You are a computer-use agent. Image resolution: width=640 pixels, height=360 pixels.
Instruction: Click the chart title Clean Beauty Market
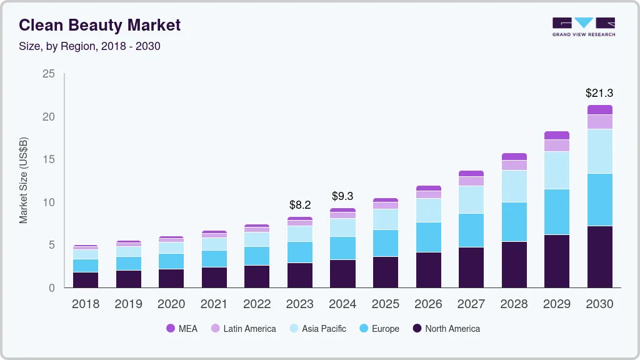[x=99, y=26]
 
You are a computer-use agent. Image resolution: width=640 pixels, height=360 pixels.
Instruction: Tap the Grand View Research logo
[x=583, y=26]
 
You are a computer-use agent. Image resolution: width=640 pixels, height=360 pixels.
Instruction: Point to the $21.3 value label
[x=599, y=93]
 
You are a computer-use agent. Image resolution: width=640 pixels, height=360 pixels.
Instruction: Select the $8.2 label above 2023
[x=300, y=204]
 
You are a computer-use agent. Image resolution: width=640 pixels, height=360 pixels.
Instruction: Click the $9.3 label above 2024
[x=342, y=196]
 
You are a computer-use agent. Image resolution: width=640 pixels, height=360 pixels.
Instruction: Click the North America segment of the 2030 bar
[x=599, y=256]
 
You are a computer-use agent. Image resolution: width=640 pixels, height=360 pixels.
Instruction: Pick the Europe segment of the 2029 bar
[x=556, y=212]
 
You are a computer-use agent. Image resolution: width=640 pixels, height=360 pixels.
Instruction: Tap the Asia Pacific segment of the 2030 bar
[x=599, y=151]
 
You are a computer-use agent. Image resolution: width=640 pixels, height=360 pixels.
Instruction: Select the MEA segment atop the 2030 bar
[x=599, y=109]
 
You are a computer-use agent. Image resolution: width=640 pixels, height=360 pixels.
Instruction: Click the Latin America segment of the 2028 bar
[x=514, y=165]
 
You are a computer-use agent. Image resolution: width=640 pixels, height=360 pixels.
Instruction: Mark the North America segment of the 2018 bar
[x=86, y=279]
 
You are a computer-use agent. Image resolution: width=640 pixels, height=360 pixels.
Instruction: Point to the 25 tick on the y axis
[x=48, y=74]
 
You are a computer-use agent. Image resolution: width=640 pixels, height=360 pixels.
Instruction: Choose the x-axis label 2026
[x=428, y=304]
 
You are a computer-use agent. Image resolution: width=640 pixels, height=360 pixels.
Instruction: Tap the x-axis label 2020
[x=171, y=304]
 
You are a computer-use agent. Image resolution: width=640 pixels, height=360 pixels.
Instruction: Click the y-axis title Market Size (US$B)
[x=24, y=181]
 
